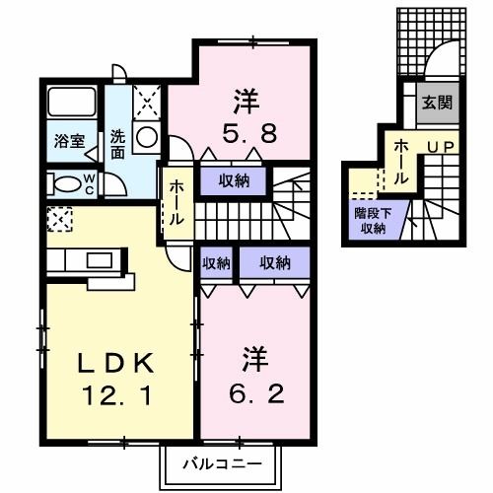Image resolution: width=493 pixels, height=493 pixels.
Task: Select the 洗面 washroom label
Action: [117, 144]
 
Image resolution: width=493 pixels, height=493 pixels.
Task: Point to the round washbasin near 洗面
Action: [147, 138]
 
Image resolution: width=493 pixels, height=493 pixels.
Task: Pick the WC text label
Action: [88, 183]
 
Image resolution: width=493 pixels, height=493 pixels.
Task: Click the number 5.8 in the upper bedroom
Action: [246, 130]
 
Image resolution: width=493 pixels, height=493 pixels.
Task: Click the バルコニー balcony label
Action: [221, 462]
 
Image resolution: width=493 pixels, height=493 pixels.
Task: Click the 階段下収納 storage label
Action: [370, 219]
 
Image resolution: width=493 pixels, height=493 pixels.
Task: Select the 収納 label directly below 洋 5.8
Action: [234, 180]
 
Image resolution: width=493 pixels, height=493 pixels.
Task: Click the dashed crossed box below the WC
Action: [59, 219]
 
